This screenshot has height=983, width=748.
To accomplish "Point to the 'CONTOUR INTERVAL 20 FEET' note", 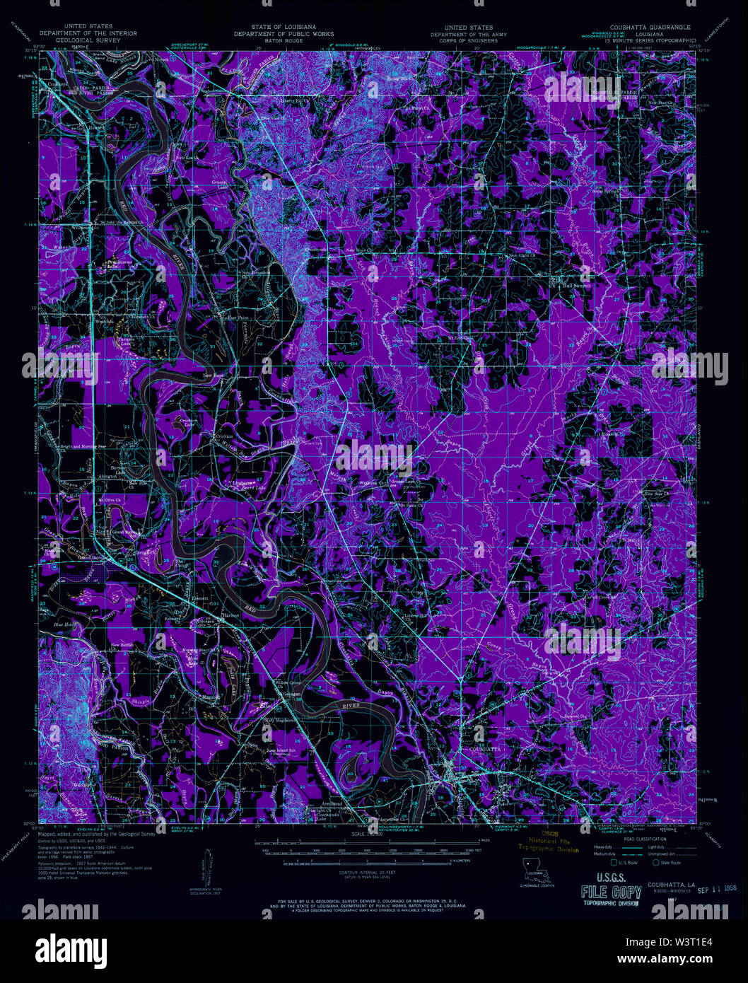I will point(375,874).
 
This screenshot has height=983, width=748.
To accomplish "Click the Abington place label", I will point(108,476).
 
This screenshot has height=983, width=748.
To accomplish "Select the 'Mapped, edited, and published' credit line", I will point(97,834).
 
